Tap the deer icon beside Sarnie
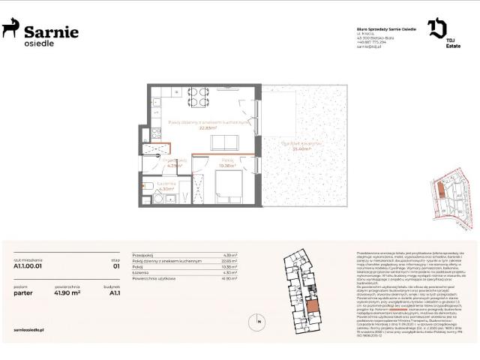click(10, 29)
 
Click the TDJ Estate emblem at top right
click(437, 29)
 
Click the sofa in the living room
click(223, 142)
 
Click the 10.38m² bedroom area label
click(228, 165)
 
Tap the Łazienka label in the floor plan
click(166, 184)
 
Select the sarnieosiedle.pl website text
click(31, 328)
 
